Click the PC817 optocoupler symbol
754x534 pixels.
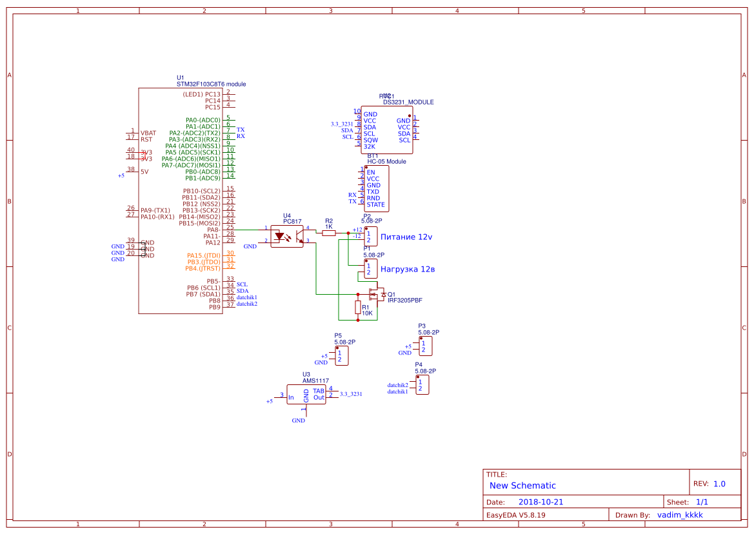click(287, 235)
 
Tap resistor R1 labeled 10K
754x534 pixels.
click(358, 307)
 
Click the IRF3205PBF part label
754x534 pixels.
click(404, 301)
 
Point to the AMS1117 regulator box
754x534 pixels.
click(306, 395)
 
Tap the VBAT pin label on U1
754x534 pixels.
click(148, 133)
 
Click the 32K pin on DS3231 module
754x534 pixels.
click(370, 146)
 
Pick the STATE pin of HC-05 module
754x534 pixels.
click(375, 204)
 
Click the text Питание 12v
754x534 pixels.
click(406, 237)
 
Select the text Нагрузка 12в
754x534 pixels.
click(408, 269)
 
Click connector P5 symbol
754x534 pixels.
click(342, 355)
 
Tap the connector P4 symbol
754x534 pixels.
click(422, 385)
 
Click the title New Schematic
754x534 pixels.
click(522, 486)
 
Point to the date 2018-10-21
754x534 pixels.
click(541, 502)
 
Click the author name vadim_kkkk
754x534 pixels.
click(680, 515)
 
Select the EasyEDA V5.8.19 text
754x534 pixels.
click(515, 515)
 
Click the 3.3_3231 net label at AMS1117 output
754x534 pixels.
click(351, 393)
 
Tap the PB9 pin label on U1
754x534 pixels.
click(214, 307)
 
